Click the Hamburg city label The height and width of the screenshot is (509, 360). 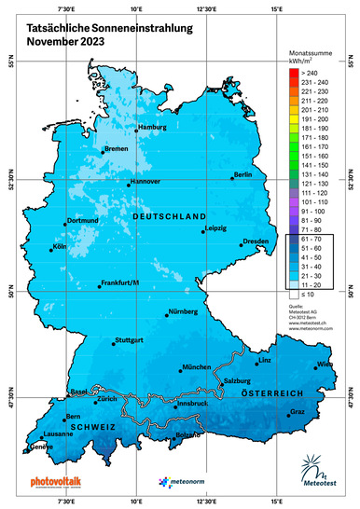[152, 127]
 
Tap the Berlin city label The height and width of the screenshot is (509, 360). [243, 174]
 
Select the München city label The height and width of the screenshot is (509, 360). [198, 368]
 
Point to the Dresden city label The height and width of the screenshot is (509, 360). [256, 241]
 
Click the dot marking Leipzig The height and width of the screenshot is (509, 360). [203, 231]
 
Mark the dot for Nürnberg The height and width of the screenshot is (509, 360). [167, 315]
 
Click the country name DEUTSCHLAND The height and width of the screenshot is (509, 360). [169, 215]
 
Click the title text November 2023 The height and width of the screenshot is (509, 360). [65, 42]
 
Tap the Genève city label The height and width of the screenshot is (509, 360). [40, 447]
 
